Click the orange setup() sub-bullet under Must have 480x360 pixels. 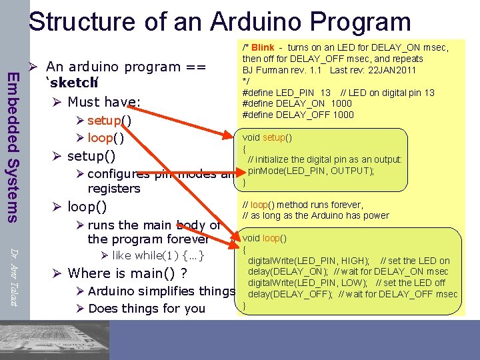pos(109,121)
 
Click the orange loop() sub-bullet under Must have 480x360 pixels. pos(106,138)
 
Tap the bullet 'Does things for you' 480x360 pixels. pos(147,309)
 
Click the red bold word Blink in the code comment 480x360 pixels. pos(263,47)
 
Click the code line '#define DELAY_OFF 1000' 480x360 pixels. pos(298,115)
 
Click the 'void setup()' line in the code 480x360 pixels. pos(267,137)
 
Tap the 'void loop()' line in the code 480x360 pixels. pos(265,238)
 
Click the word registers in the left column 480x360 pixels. pos(114,189)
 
